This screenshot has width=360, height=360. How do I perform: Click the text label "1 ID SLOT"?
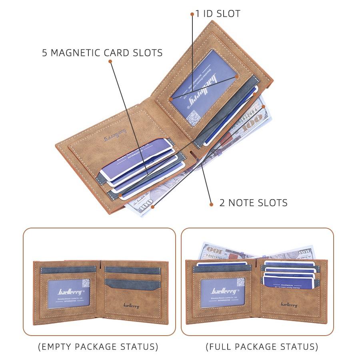[218, 14]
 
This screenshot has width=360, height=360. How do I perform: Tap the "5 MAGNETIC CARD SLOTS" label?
[102, 53]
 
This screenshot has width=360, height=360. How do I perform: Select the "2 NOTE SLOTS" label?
[253, 203]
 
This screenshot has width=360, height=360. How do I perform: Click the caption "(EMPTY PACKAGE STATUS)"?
[98, 346]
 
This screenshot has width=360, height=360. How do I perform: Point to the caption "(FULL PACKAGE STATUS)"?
[262, 346]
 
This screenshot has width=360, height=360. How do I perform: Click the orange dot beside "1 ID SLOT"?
[192, 14]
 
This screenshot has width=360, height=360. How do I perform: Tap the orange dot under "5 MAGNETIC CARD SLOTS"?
[110, 62]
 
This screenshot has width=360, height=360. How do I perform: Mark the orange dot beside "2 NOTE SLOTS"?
[211, 204]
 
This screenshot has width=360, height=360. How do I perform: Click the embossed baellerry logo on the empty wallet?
[129, 306]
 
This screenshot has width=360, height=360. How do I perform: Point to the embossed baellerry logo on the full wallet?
[289, 305]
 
